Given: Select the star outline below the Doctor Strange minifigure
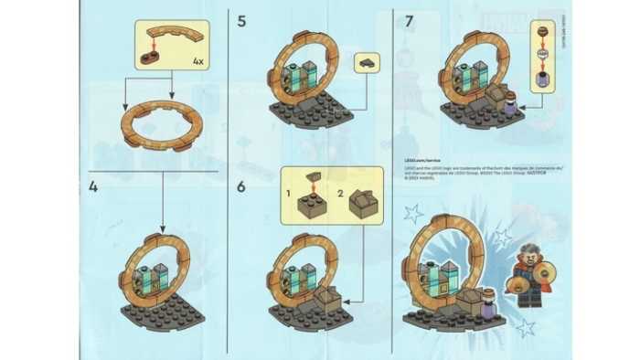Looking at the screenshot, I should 526,327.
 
